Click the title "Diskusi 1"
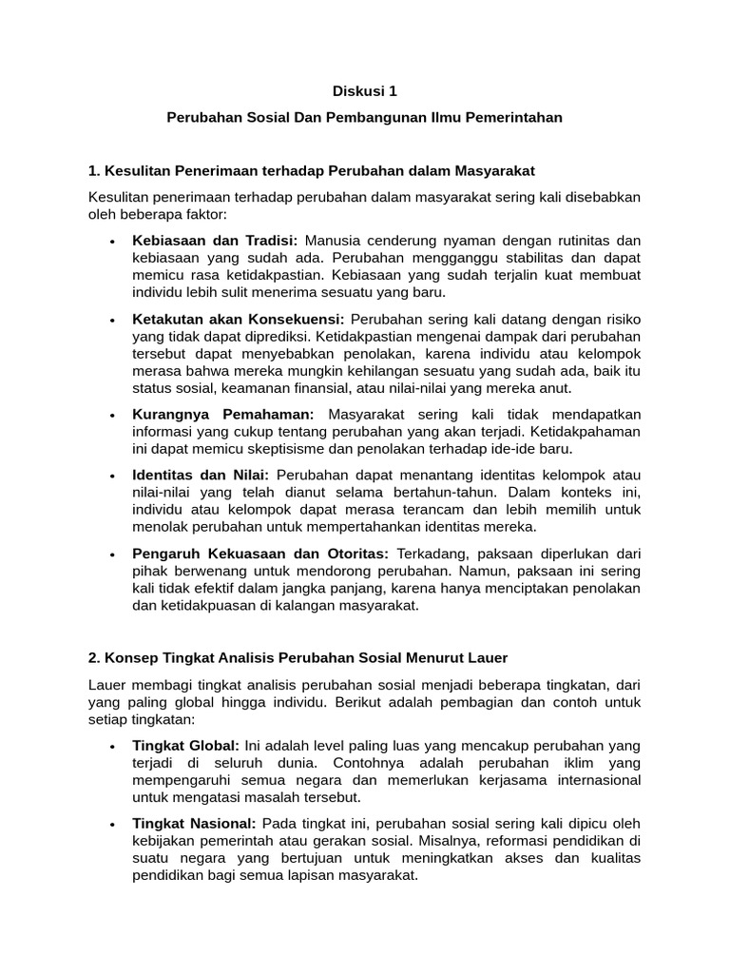pos(365,92)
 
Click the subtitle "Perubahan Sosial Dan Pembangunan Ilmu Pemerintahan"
pos(365,118)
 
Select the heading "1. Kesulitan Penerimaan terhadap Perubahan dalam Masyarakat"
pos(311,170)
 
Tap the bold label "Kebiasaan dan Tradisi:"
pos(215,241)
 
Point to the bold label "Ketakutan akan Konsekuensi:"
pos(239,319)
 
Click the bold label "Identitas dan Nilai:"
pos(201,475)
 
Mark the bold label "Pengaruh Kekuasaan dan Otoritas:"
pos(260,553)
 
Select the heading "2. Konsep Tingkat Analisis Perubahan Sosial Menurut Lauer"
pos(298,657)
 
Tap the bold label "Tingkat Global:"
pos(186,745)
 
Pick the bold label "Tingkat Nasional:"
pos(194,823)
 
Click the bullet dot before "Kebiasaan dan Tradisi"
pos(113,242)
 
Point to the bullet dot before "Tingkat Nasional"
pos(113,824)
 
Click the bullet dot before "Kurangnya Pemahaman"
pos(113,416)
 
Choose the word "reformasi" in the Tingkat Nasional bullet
pos(517,841)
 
